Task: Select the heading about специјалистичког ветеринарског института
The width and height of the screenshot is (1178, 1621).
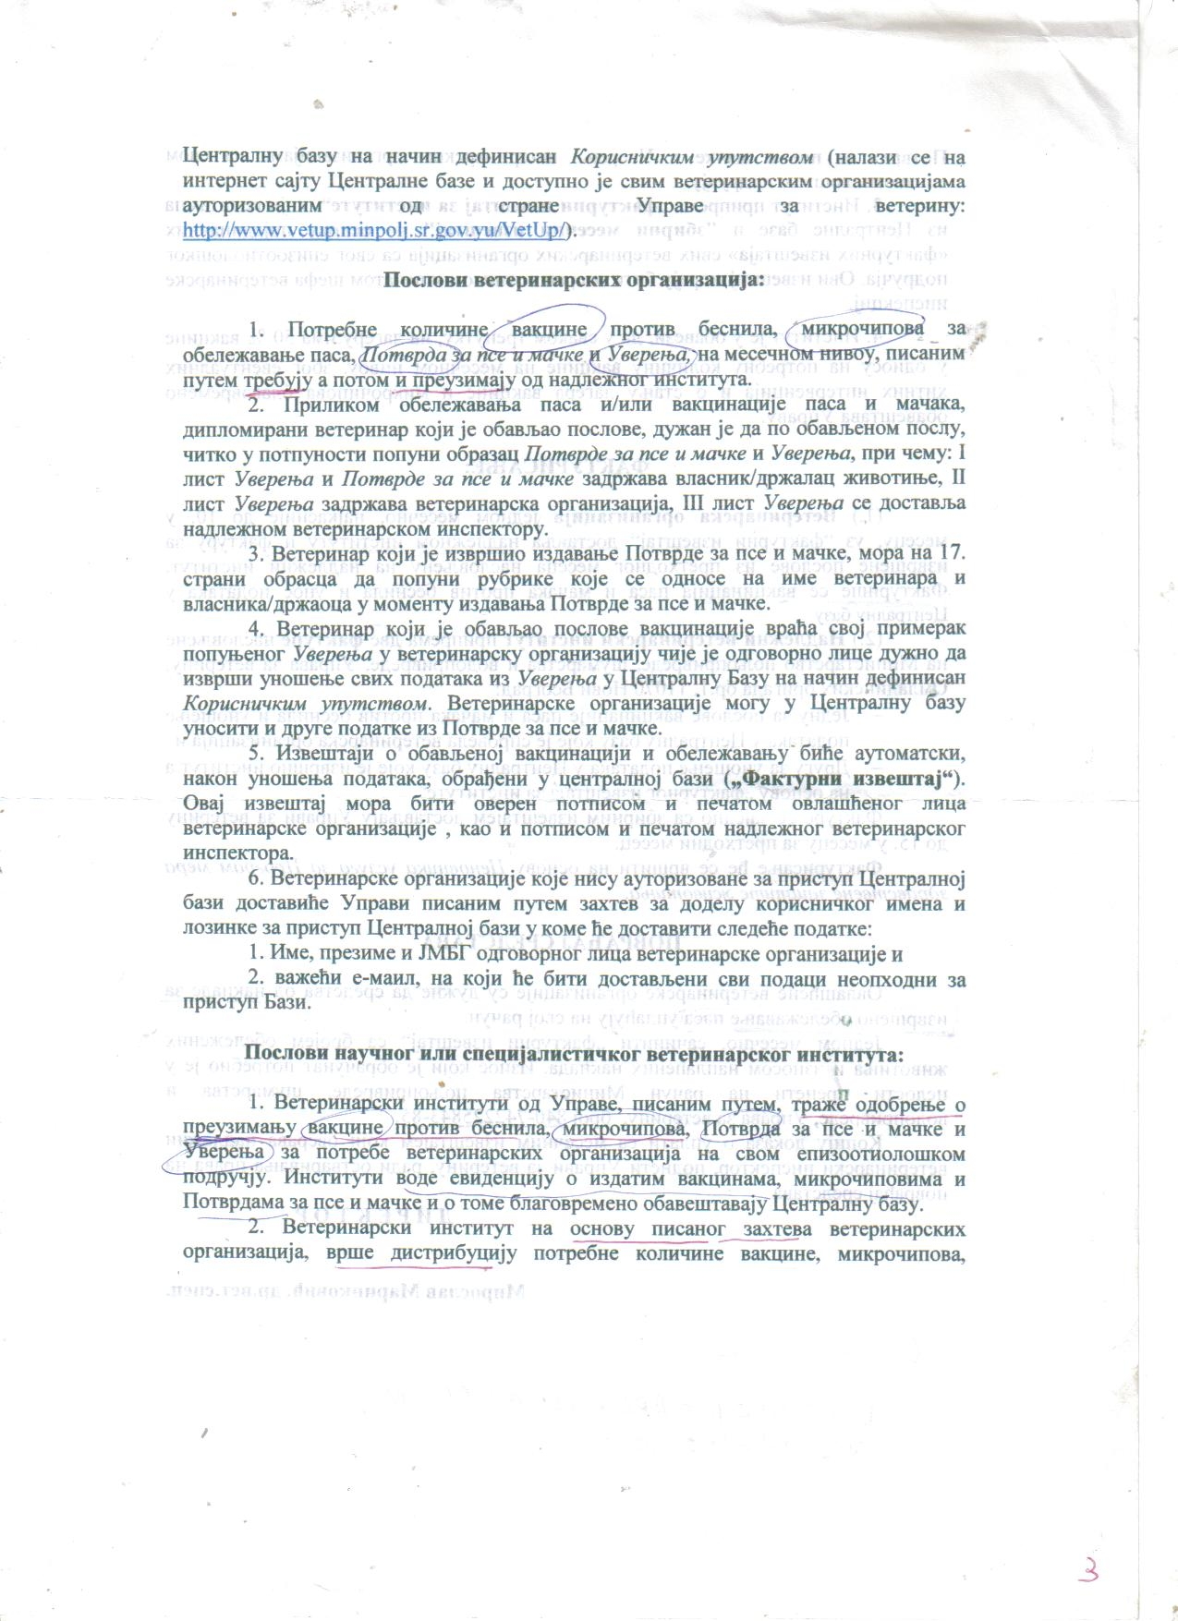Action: (573, 1054)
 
